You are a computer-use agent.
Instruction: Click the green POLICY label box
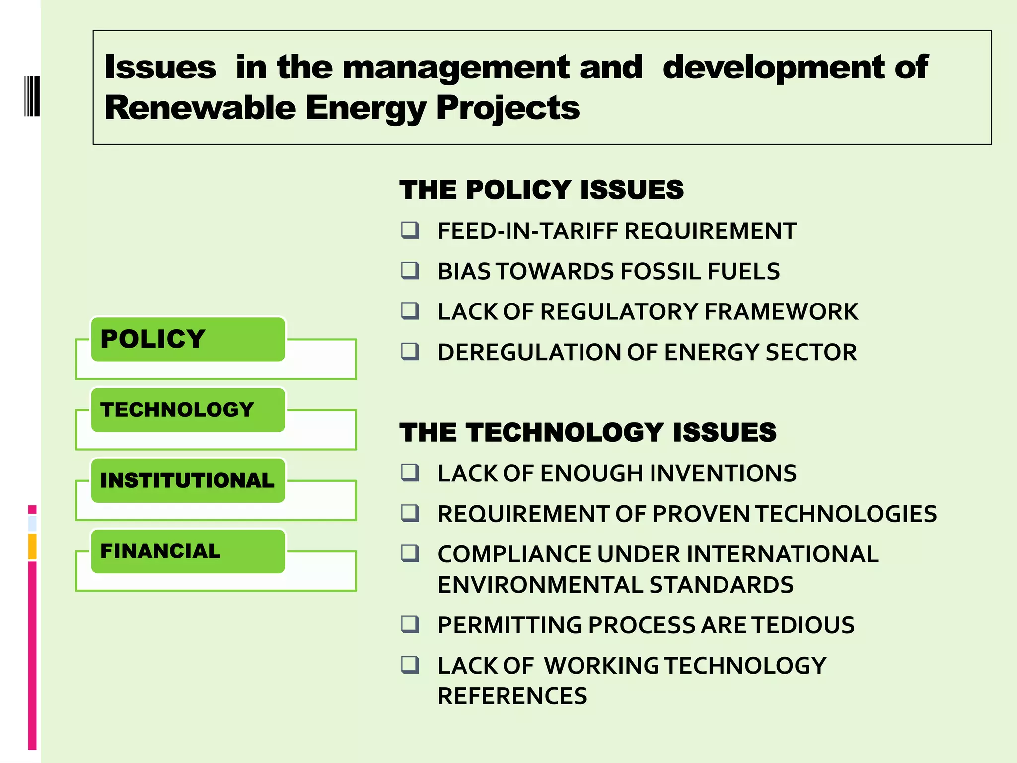tap(188, 339)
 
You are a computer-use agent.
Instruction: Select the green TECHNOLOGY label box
tap(188, 410)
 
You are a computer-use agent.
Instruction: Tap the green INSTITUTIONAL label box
tap(188, 480)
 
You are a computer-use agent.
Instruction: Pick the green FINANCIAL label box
tap(188, 551)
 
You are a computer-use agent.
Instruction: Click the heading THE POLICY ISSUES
tap(541, 190)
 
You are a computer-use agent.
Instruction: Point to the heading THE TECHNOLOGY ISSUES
tap(588, 432)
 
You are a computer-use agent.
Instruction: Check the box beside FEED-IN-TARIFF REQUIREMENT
tap(410, 230)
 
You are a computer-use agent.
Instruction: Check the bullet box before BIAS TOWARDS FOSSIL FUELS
tap(410, 271)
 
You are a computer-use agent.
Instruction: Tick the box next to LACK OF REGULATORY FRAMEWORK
tap(410, 311)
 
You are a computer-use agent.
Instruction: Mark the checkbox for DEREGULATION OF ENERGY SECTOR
tap(410, 352)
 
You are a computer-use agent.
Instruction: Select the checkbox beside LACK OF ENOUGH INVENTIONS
tap(410, 473)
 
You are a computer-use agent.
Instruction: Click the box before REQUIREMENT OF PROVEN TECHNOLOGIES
tap(410, 513)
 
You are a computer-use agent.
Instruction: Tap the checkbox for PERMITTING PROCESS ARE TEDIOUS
tap(410, 624)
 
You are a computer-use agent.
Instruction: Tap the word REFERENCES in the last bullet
tap(512, 696)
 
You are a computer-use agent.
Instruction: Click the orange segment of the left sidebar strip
tap(32, 546)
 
